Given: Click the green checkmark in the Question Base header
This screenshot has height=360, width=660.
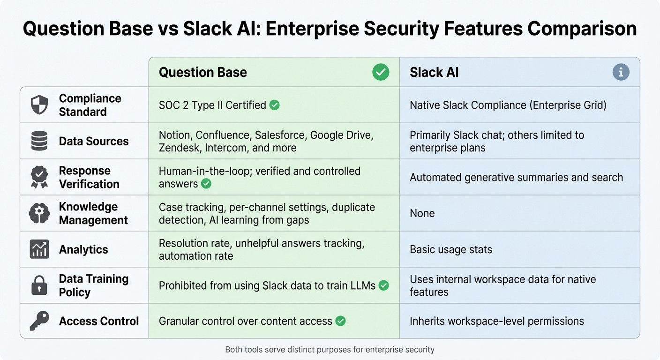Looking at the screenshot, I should pyautogui.click(x=380, y=72).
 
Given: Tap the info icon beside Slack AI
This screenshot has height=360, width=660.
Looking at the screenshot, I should pyautogui.click(x=621, y=72).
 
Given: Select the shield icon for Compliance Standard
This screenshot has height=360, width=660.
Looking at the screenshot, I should pyautogui.click(x=39, y=105).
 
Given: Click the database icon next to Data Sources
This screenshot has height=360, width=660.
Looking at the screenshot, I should pyautogui.click(x=39, y=141).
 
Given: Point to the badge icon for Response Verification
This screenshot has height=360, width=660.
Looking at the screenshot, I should pyautogui.click(x=39, y=177).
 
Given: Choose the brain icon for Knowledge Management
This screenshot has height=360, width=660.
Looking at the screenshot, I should pyautogui.click(x=39, y=213).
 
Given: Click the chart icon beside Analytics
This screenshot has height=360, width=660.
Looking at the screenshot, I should pyautogui.click(x=39, y=249).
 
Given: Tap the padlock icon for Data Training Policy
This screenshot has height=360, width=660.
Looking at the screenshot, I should pyautogui.click(x=39, y=285).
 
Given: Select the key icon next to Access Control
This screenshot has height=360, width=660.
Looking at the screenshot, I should pyautogui.click(x=39, y=321).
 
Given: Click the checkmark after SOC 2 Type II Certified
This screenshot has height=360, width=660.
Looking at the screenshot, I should pyautogui.click(x=275, y=105).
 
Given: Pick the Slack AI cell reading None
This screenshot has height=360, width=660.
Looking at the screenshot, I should pyautogui.click(x=422, y=213).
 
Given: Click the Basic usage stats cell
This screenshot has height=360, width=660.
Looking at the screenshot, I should pyautogui.click(x=450, y=249).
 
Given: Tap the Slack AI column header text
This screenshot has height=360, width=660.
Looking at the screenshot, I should pyautogui.click(x=434, y=72).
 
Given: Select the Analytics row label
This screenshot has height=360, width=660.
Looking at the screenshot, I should pyautogui.click(x=83, y=249).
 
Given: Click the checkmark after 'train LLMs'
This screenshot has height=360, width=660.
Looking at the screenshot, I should pyautogui.click(x=383, y=285).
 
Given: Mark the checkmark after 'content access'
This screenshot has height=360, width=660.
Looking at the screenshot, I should pyautogui.click(x=341, y=321).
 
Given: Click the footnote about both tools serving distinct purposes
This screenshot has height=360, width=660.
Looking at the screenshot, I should pyautogui.click(x=330, y=350).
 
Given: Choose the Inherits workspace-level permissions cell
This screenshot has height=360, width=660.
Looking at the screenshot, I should pyautogui.click(x=496, y=321).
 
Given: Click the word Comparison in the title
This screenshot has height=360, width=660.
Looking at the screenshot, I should pyautogui.click(x=582, y=29).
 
